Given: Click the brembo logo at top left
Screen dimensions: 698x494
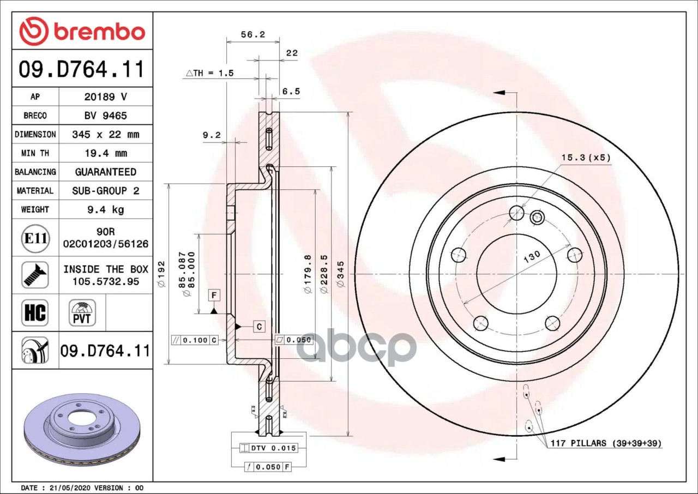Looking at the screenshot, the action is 82,31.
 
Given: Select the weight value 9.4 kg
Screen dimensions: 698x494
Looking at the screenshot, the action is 106,209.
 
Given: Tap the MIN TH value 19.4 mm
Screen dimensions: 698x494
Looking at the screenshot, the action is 106,153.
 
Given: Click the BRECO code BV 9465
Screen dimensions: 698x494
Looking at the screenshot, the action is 106,116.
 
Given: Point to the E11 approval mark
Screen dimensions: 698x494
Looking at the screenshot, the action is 35,238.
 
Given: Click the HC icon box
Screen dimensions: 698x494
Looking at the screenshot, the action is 35,312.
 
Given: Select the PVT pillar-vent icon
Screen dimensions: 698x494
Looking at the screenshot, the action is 82,312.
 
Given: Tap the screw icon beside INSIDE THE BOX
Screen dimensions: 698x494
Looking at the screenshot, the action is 35,275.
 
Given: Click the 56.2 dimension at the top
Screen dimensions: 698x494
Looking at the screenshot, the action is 252,34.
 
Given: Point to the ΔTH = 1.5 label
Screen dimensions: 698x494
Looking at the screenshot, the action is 209,73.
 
